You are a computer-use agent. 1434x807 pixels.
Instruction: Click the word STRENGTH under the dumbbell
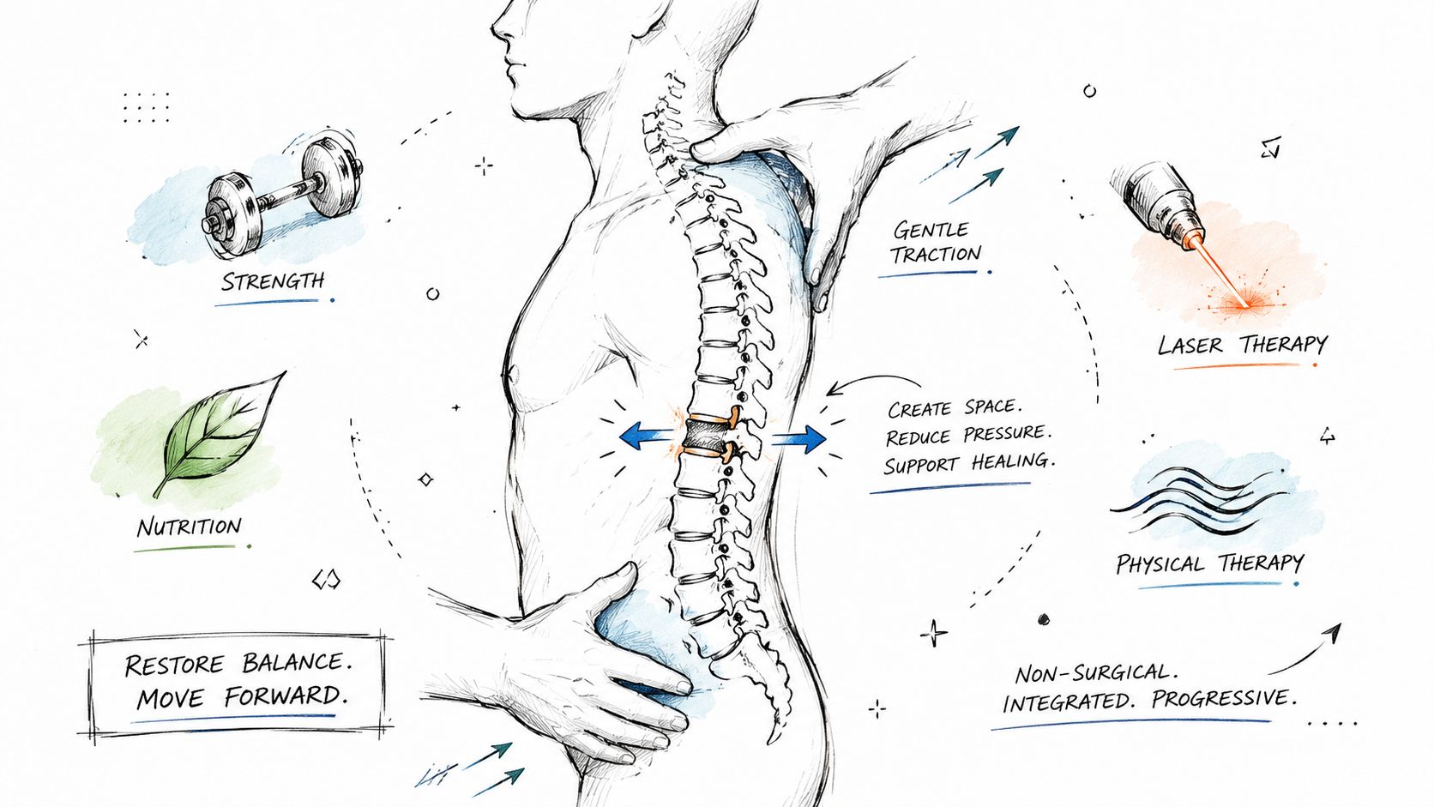(x=273, y=281)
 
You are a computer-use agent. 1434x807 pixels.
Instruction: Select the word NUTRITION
(x=189, y=527)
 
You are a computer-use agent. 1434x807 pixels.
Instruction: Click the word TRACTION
(x=936, y=254)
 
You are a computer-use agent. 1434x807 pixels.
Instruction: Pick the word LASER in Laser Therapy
(x=1190, y=346)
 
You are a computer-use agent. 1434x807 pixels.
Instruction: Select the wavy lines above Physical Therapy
(x=1201, y=501)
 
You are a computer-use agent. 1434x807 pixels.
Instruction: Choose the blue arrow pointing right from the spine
(x=799, y=439)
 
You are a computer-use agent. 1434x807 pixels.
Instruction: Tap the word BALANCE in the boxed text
(x=297, y=662)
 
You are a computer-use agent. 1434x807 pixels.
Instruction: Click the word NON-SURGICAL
(x=1097, y=672)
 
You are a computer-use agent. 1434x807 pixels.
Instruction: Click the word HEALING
(x=1012, y=461)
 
